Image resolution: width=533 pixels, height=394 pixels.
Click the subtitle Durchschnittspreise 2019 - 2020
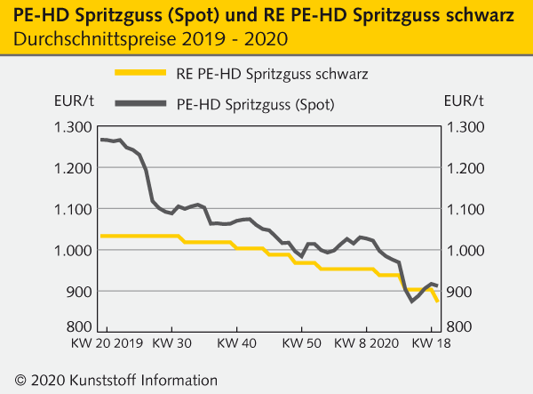click(x=151, y=40)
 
